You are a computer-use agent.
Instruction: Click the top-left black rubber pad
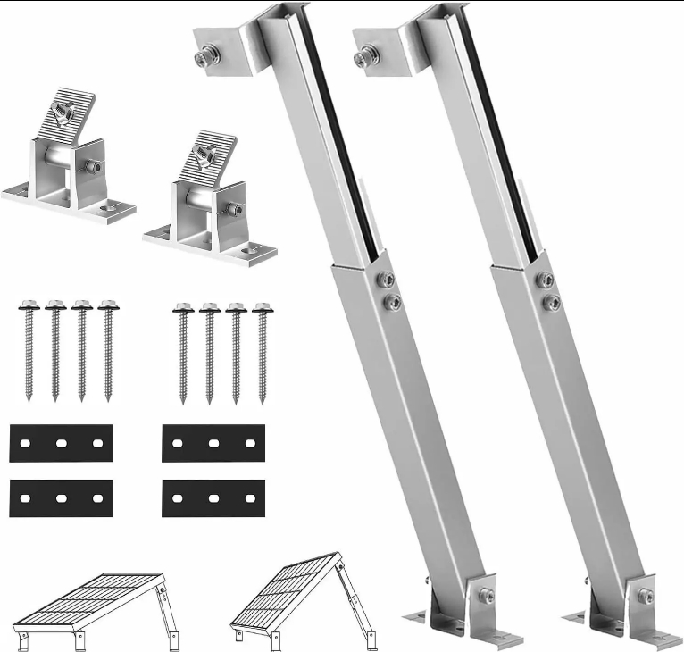(x=61, y=443)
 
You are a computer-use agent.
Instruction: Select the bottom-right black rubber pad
(x=213, y=497)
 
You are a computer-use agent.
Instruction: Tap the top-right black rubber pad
(x=213, y=443)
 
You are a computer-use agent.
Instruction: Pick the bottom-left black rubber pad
(x=61, y=497)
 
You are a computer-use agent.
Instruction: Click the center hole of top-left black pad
(x=61, y=443)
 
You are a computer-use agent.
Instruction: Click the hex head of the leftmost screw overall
(x=26, y=305)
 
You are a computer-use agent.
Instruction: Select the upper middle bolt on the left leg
(x=386, y=280)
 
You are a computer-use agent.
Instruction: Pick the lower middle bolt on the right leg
(x=553, y=303)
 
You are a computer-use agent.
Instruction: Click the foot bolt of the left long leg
(x=487, y=596)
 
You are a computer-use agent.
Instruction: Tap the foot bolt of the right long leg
(x=645, y=596)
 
